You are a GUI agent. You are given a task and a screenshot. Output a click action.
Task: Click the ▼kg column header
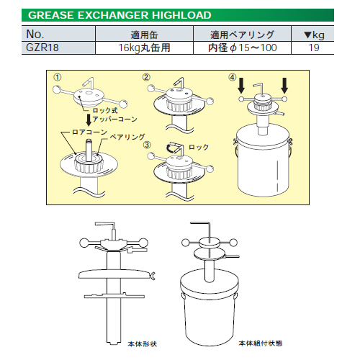pyautogui.click(x=315, y=34)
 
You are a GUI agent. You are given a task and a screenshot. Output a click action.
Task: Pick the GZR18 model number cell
pyautogui.click(x=41, y=48)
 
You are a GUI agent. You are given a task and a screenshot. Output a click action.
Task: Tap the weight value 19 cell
pyautogui.click(x=315, y=48)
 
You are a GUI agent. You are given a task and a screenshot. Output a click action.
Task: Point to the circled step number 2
pyautogui.click(x=146, y=76)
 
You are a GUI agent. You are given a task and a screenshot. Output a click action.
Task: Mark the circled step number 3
pyautogui.click(x=146, y=144)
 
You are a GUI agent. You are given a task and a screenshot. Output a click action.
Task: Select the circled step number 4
pyautogui.click(x=232, y=76)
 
